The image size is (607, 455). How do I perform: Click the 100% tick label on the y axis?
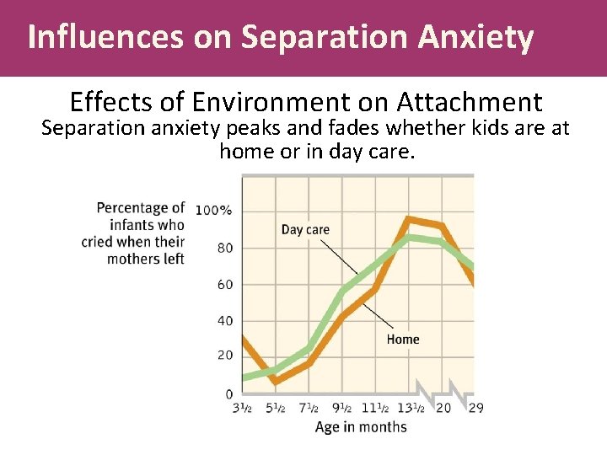tap(214, 210)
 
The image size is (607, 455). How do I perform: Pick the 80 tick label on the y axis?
tap(225, 248)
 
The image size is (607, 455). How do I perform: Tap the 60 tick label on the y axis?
tap(225, 285)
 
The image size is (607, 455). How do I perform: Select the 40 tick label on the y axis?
tap(225, 321)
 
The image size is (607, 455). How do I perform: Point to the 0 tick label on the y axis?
tap(229, 393)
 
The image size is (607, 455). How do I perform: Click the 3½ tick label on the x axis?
tap(242, 409)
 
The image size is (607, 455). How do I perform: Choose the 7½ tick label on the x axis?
tap(309, 409)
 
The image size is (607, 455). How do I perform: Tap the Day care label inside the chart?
tap(305, 229)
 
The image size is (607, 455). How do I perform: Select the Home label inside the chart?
tap(403, 340)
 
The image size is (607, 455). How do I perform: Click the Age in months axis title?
tap(360, 427)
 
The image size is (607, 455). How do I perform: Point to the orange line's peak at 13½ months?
tap(409, 220)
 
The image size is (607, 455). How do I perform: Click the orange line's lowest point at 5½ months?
tap(276, 381)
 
